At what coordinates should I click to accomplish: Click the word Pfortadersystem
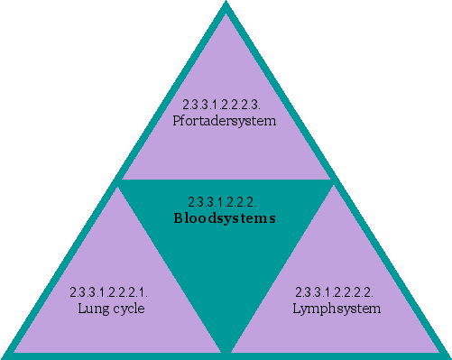click(224, 120)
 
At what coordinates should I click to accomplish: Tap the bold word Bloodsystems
click(224, 218)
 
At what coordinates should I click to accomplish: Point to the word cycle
click(126, 309)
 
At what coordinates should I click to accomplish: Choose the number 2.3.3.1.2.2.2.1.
click(109, 293)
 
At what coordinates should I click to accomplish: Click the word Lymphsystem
click(337, 309)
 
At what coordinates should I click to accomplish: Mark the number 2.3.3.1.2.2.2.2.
click(336, 293)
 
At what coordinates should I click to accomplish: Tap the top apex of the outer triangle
click(226, 4)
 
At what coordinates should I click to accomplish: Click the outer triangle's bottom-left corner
click(5, 355)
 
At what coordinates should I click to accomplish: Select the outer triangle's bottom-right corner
click(447, 355)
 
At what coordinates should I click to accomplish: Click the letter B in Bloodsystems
click(177, 218)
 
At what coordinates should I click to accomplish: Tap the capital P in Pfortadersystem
click(176, 120)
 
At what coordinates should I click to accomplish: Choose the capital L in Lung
click(81, 309)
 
